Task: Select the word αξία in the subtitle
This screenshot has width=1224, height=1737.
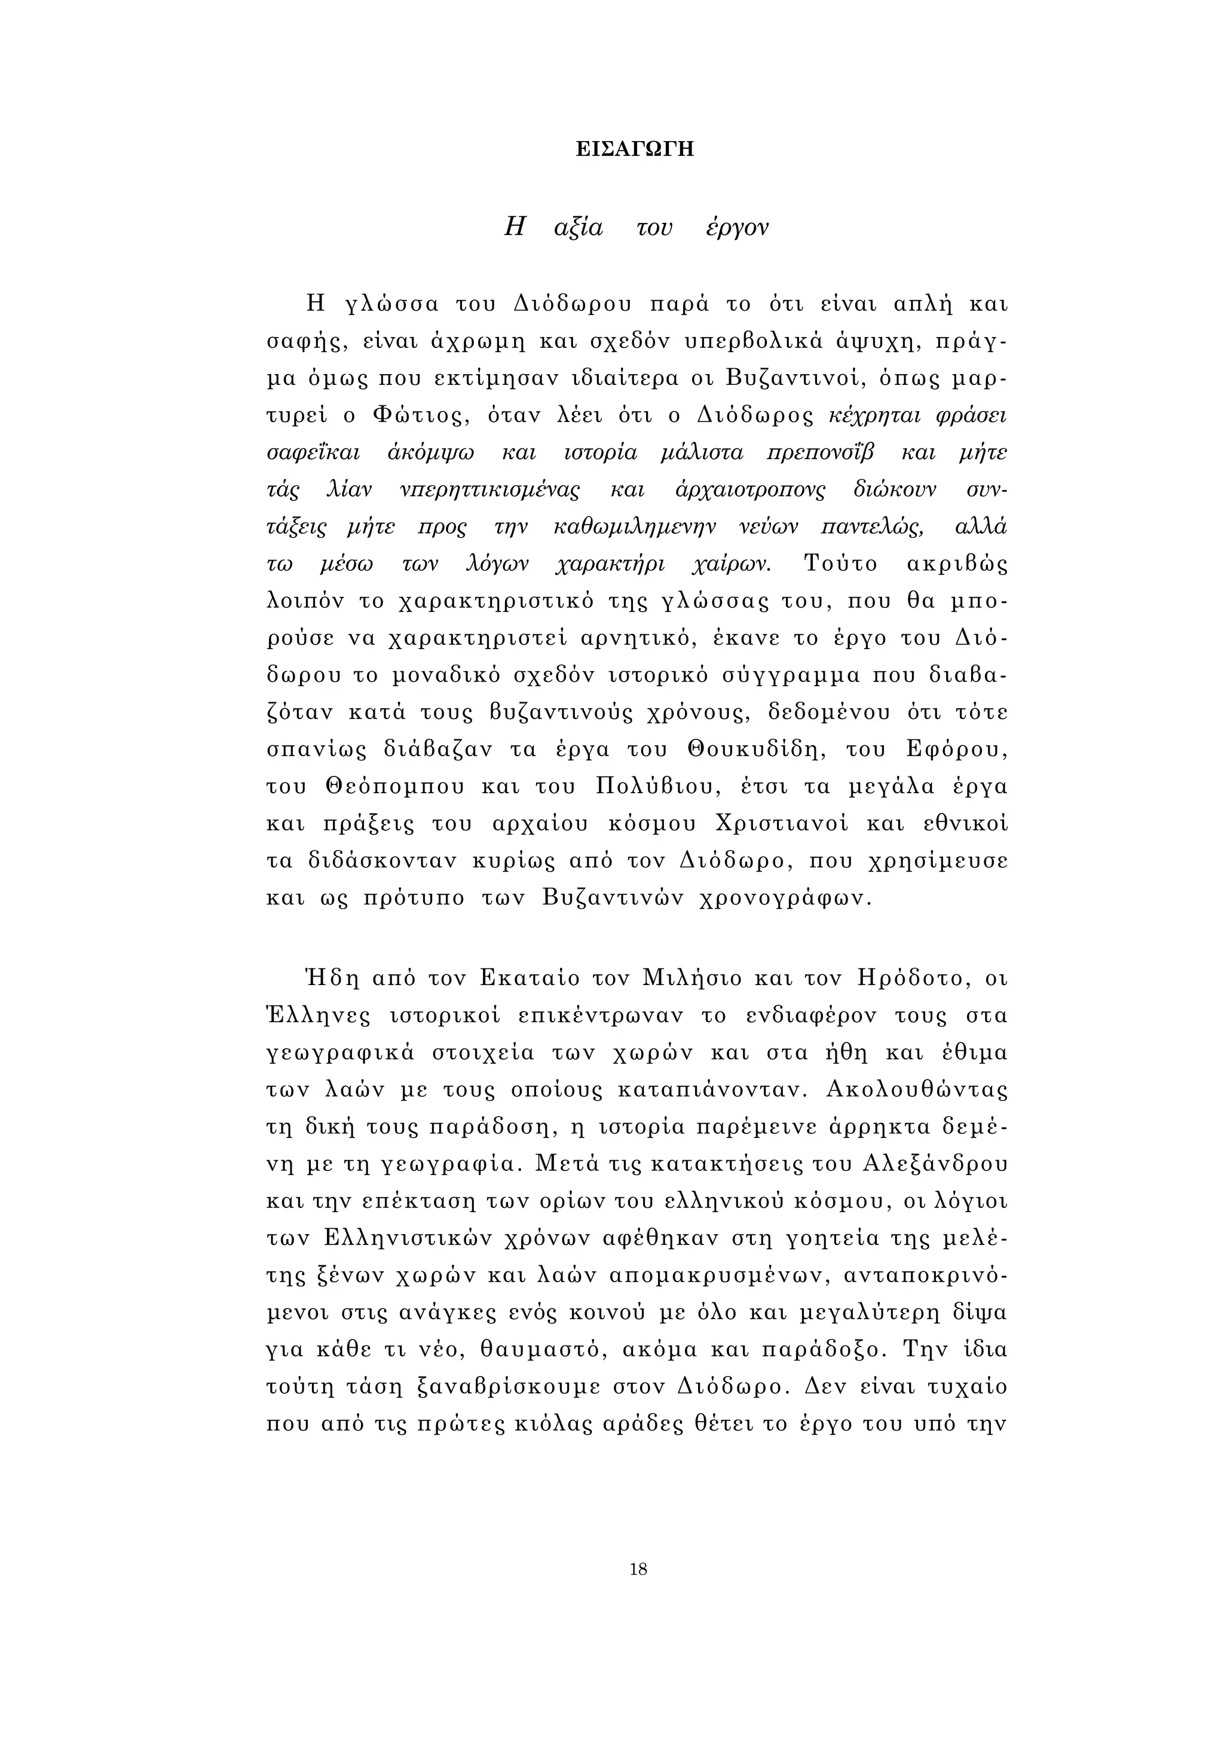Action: [x=578, y=228]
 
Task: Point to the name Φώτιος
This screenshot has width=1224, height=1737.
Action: [x=415, y=415]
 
